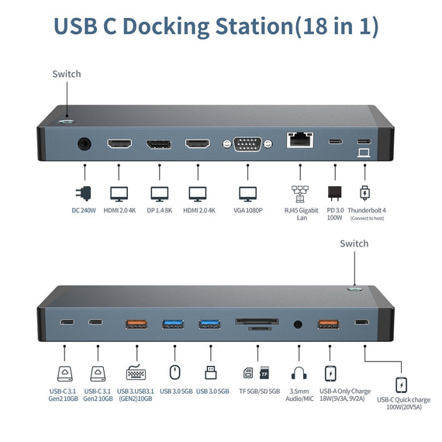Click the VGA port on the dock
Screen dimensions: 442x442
(247, 143)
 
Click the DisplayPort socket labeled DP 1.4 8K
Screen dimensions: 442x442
(159, 144)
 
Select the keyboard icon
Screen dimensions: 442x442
(134, 373)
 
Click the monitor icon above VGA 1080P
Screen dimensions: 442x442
(247, 193)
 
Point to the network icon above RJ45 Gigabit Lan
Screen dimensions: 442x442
(299, 193)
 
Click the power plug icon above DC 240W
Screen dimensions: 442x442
(83, 193)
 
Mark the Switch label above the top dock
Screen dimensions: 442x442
(67, 74)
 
